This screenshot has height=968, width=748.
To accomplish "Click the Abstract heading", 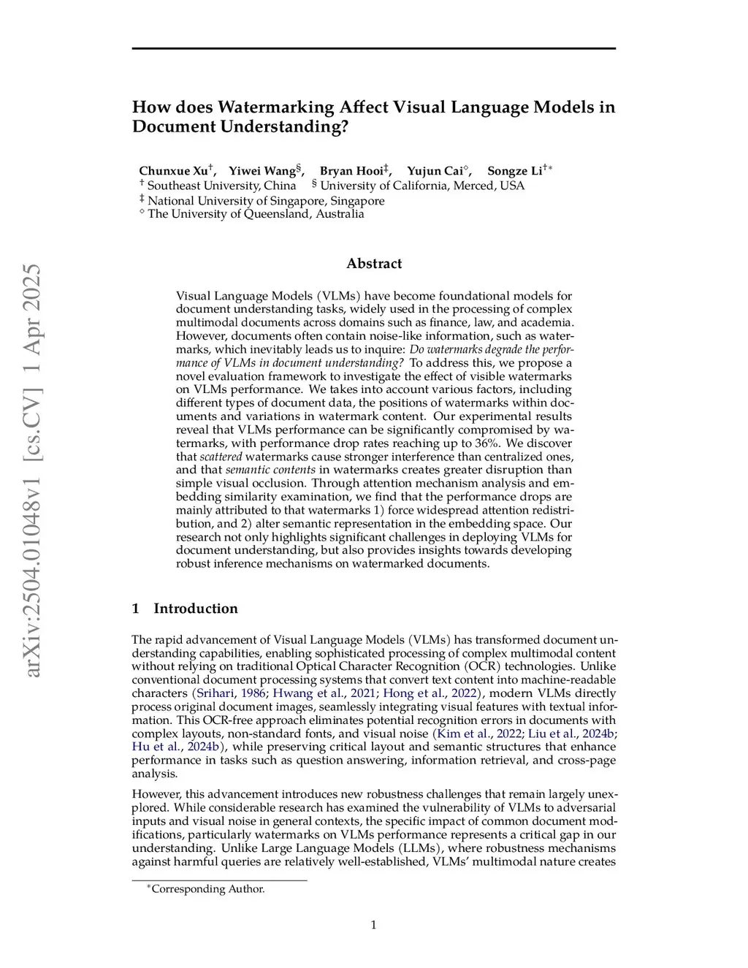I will (373, 264).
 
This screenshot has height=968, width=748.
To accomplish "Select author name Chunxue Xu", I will (174, 171).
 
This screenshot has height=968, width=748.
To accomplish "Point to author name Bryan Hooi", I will (351, 171).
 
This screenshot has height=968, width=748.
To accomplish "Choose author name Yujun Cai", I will (435, 171).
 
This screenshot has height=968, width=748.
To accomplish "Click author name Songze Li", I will (514, 171).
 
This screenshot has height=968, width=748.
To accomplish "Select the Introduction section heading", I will (195, 609).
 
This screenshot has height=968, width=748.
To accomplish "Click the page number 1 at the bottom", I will (373, 925).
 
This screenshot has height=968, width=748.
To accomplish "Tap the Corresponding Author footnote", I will (207, 889).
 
